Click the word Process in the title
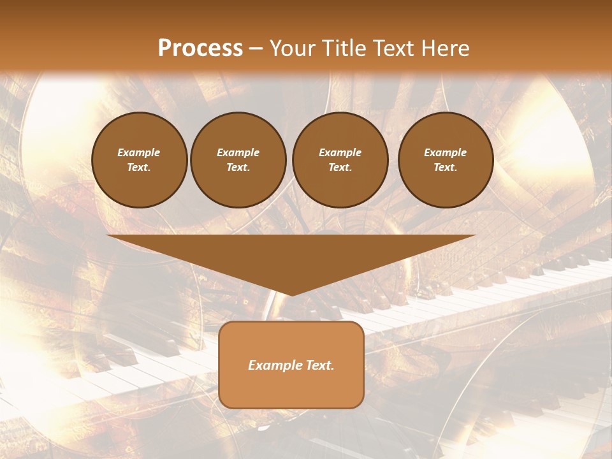point(200,48)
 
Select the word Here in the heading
point(445,48)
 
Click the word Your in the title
point(293,48)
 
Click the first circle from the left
point(140,160)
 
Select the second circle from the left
point(238,160)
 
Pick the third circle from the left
point(340,160)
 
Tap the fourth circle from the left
point(446,160)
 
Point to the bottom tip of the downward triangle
point(291,295)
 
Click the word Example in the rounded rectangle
point(275,365)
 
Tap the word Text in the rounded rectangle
point(319,365)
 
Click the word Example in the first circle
point(139,152)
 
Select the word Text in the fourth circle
point(446,168)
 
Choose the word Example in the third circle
point(340,152)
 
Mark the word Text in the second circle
point(238,168)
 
